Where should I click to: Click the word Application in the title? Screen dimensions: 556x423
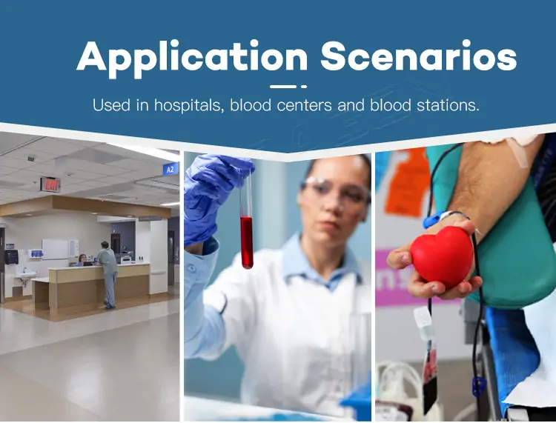pos(192,59)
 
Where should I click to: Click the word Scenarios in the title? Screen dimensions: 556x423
pos(418,56)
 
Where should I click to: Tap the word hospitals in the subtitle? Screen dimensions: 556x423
pos(189,105)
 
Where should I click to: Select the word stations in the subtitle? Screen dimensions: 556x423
pos(448,105)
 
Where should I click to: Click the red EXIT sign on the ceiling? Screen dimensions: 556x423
pos(50,184)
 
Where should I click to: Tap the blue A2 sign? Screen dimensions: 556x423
pos(171,170)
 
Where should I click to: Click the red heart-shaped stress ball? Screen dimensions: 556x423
pos(442,256)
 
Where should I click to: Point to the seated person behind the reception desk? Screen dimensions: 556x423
pos(82,260)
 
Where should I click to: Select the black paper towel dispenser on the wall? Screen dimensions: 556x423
pos(11,257)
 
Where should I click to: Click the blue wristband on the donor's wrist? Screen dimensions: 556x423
pos(434,219)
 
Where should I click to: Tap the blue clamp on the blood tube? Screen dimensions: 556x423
pos(479,386)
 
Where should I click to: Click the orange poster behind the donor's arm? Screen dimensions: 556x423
pos(406,182)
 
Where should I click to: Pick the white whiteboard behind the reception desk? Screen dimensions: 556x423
pos(55,249)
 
